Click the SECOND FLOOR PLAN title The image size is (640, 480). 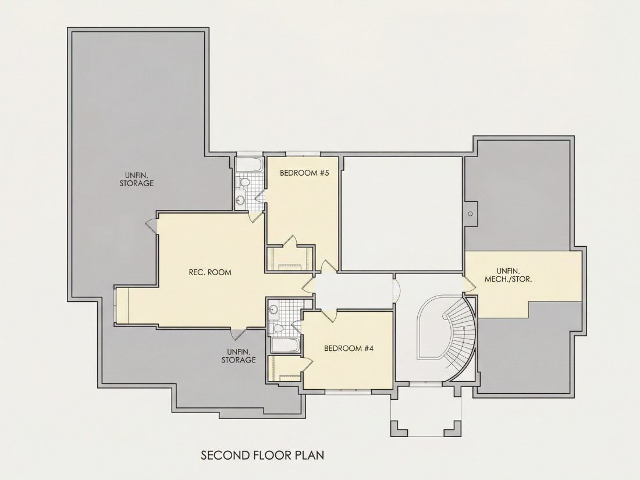pyautogui.click(x=262, y=455)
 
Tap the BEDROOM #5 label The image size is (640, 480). pyautogui.click(x=304, y=173)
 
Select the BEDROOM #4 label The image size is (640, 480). pyautogui.click(x=349, y=348)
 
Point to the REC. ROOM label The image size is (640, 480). pyautogui.click(x=210, y=272)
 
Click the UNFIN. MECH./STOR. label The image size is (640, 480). pyautogui.click(x=508, y=275)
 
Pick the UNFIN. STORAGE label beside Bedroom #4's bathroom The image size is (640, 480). pyautogui.click(x=239, y=356)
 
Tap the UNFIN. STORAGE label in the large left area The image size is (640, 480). pyautogui.click(x=136, y=179)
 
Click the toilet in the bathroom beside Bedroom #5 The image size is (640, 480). pyautogui.click(x=244, y=182)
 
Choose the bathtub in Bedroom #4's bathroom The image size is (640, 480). pyautogui.click(x=286, y=345)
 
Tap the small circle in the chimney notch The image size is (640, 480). pyautogui.click(x=470, y=214)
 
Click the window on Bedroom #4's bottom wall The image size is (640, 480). pyautogui.click(x=348, y=392)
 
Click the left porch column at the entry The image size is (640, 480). pyautogui.click(x=399, y=428)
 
